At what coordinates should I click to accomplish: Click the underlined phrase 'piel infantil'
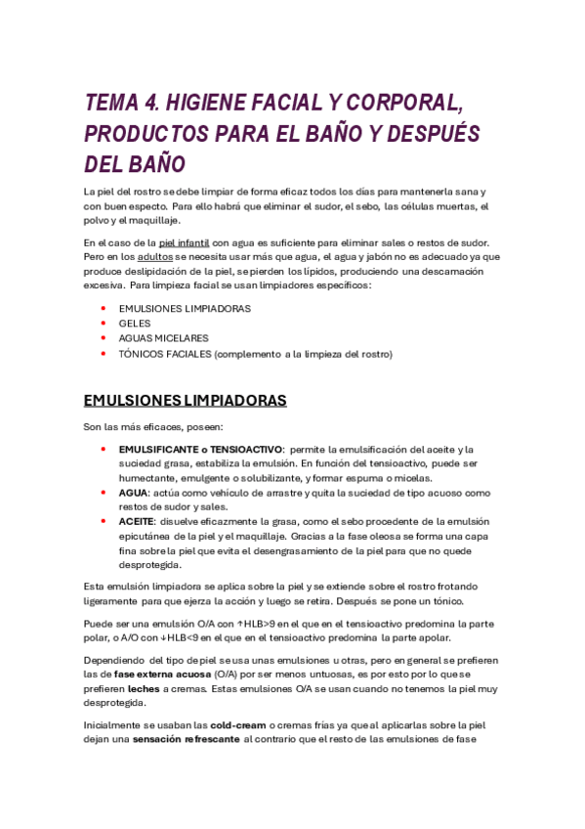187,242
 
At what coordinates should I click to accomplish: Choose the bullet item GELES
135,324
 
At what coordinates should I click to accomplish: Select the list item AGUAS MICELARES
164,338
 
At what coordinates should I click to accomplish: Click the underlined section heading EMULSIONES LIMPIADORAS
186,401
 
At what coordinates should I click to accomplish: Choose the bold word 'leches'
144,687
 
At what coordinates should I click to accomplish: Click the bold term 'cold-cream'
238,725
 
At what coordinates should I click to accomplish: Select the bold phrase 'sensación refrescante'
187,740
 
